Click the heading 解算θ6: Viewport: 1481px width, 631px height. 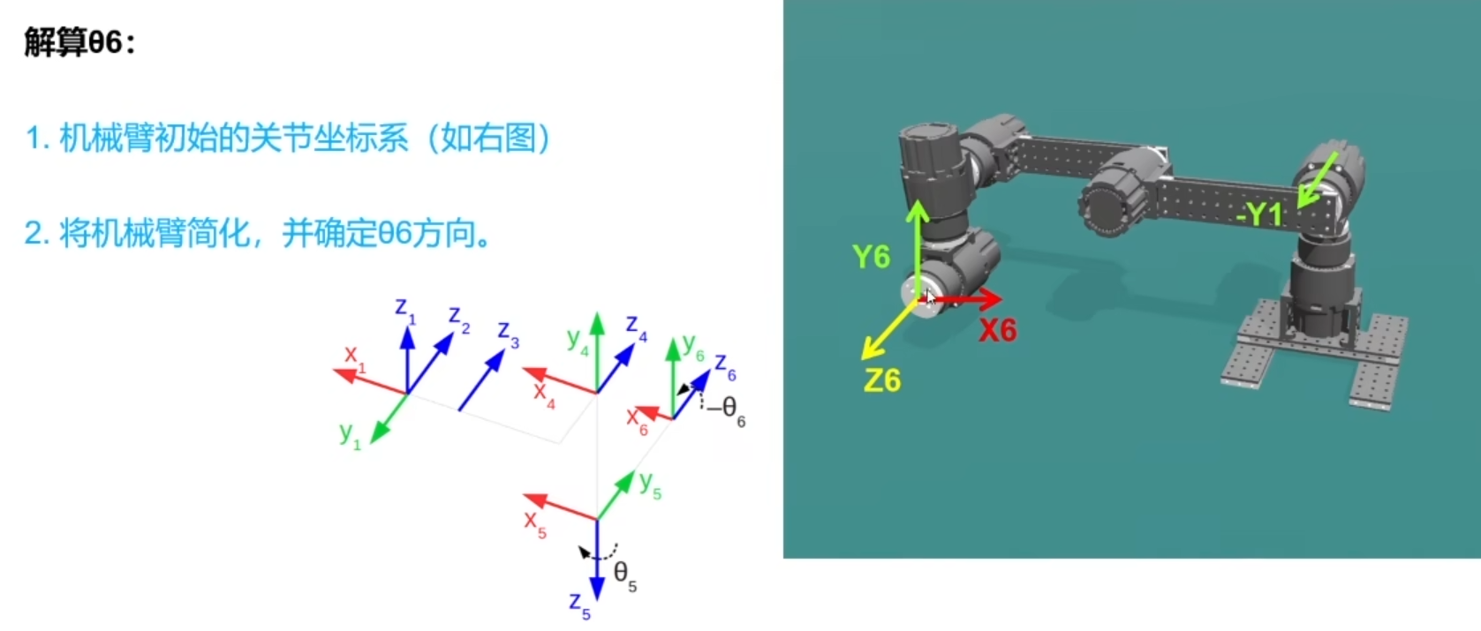pos(79,42)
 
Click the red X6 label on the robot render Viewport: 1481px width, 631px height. pos(998,330)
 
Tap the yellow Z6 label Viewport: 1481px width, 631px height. pos(882,380)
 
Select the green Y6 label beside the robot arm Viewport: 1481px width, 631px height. pos(871,257)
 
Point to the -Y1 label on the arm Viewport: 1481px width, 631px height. pos(1258,214)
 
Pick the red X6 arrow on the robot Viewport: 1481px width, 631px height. pos(967,300)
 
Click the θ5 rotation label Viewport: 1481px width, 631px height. pos(624,575)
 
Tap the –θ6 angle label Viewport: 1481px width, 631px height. pos(727,409)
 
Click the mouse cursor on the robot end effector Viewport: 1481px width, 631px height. pos(929,297)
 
